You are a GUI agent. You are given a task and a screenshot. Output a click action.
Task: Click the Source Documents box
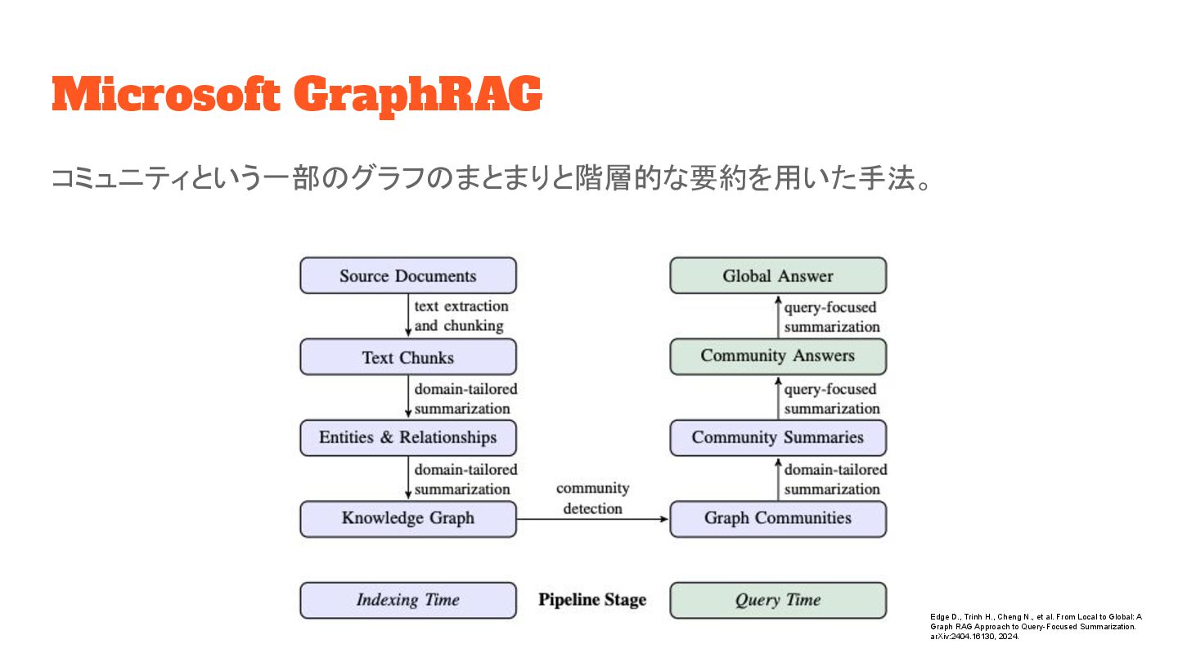(x=407, y=275)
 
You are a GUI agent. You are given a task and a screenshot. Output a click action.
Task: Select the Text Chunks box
(x=407, y=357)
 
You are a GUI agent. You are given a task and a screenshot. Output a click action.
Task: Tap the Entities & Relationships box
(x=407, y=437)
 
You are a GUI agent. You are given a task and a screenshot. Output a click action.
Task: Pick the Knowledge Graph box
(x=407, y=518)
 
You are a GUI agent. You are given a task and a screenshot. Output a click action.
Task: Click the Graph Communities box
(x=777, y=518)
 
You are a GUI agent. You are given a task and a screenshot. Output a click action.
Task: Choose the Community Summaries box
(x=777, y=437)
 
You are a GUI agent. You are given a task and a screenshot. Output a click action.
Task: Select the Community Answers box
(x=777, y=356)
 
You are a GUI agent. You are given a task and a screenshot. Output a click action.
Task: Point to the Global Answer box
(x=777, y=275)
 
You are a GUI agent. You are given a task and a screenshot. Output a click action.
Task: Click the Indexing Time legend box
(x=407, y=600)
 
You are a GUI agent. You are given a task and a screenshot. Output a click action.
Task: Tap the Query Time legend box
(x=777, y=600)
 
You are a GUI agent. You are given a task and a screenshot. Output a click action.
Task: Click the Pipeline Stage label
(x=592, y=600)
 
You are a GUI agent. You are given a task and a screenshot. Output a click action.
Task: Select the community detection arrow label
(x=592, y=499)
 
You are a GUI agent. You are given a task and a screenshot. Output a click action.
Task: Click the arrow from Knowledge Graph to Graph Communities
(x=592, y=519)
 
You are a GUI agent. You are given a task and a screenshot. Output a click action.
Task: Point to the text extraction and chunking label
(x=461, y=316)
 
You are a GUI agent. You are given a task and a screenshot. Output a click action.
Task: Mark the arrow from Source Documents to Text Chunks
(x=408, y=315)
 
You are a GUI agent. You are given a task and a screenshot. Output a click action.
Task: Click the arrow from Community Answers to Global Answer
(x=778, y=316)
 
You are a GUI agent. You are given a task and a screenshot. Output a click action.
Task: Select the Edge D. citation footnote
(x=1035, y=625)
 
